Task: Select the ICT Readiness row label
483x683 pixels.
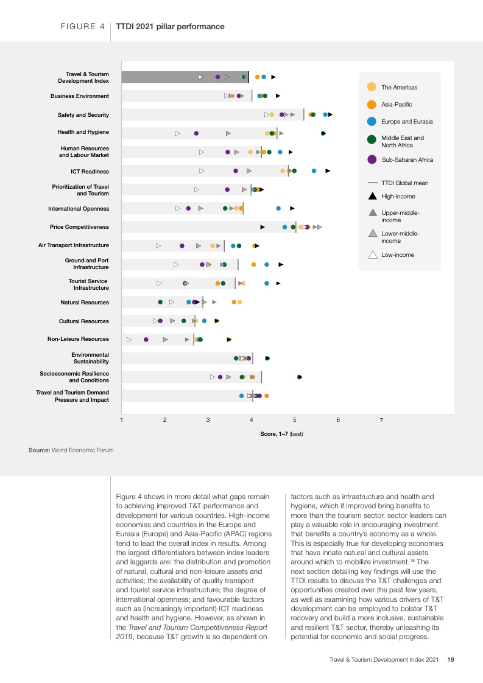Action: [90, 171]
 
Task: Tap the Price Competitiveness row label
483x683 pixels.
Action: [79, 227]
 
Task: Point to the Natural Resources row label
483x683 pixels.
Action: [85, 303]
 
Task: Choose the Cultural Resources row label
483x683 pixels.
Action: [84, 321]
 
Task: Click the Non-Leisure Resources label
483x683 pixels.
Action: [79, 339]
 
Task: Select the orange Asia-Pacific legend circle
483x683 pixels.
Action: [372, 104]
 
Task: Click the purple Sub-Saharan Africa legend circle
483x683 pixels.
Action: [372, 159]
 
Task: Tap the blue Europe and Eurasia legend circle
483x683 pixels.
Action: [372, 122]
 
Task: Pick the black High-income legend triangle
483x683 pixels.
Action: [372, 197]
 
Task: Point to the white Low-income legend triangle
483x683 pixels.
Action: [372, 254]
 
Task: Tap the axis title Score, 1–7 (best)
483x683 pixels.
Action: [281, 434]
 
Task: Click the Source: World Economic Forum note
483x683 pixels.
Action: [71, 450]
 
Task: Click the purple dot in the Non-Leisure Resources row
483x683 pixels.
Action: [146, 340]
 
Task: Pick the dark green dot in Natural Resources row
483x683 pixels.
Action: [160, 302]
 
